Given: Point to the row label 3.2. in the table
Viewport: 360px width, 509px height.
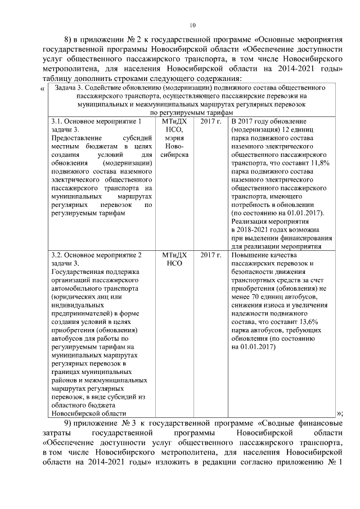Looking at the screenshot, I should (x=58, y=255).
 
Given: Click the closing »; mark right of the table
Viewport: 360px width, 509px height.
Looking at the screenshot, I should (x=339, y=413).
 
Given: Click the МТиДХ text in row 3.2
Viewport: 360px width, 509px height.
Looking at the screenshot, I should (x=175, y=255).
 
